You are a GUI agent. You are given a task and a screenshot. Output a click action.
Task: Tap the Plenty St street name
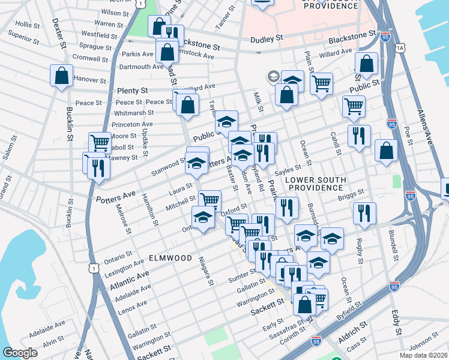point(133,90)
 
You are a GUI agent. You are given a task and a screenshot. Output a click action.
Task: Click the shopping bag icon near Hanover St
point(61,76)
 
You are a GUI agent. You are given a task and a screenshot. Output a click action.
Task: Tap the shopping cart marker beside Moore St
point(100,143)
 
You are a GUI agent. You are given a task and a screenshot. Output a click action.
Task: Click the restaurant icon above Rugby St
point(364,213)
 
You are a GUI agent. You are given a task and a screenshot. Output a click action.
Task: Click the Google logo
point(20,352)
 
